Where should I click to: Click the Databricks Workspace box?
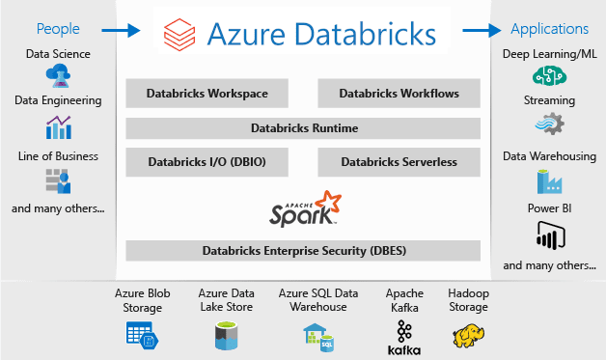tap(207, 94)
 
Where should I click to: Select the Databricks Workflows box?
tap(399, 94)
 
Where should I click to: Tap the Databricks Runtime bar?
tap(303, 128)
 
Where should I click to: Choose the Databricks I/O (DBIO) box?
tap(207, 162)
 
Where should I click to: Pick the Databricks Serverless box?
tap(399, 162)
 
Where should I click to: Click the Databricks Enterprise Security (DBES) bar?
tap(303, 250)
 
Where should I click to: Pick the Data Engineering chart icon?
tap(58, 127)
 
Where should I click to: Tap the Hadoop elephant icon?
tap(468, 336)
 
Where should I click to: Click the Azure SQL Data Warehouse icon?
tap(317, 335)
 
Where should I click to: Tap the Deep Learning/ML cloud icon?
tap(549, 75)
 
